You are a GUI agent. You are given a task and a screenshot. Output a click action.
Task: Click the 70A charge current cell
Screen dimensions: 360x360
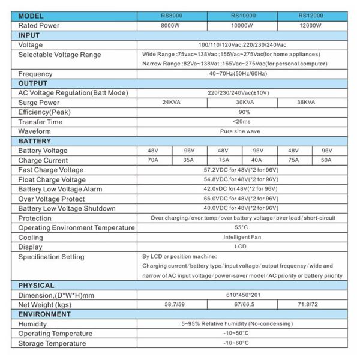153,160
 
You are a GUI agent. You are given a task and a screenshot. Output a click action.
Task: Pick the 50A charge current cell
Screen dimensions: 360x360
327,160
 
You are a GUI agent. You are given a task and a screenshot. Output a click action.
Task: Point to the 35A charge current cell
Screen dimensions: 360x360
188,160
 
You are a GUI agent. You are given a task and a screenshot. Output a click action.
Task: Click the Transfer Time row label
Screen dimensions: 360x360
40,122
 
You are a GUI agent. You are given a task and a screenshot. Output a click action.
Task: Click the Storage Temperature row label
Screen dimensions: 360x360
52,343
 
